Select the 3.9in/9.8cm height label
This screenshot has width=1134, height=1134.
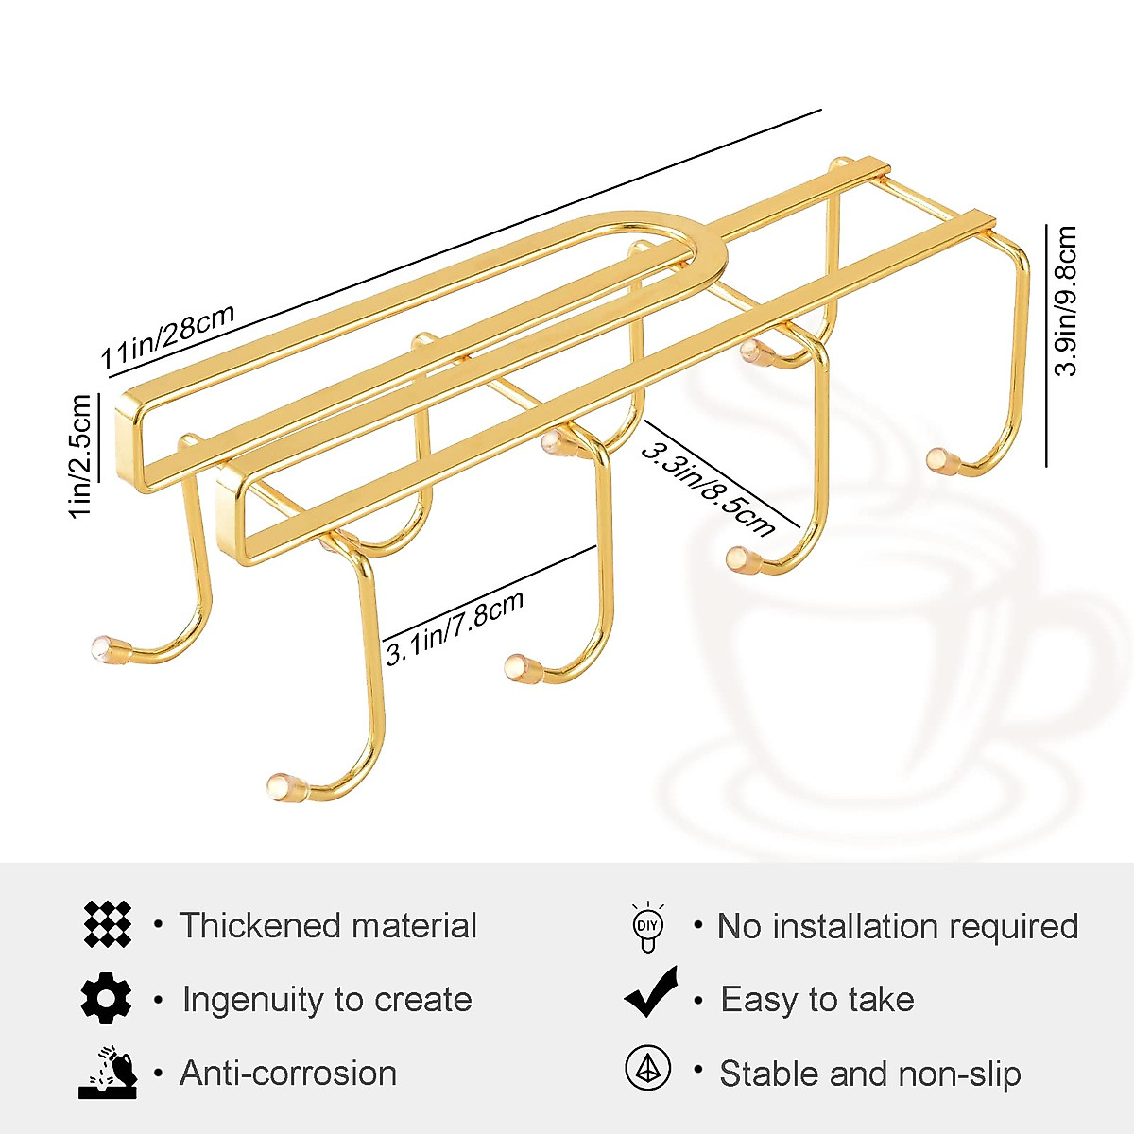tap(1066, 301)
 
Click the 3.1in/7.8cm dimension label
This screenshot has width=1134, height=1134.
tap(455, 627)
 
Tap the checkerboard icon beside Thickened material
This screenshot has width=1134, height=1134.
tap(107, 924)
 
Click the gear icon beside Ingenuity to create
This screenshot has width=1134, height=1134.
tap(106, 998)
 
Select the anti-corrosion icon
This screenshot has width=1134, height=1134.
tap(108, 1072)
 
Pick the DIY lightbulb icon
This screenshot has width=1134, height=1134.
tap(647, 926)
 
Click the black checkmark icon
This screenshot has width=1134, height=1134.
tap(651, 993)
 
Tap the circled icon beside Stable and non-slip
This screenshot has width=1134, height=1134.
tap(648, 1069)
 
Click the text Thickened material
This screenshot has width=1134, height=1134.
tap(328, 925)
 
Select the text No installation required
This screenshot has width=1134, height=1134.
tap(897, 926)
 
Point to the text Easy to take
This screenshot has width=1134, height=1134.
tap(816, 999)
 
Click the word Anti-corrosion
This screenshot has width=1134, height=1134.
tap(288, 1074)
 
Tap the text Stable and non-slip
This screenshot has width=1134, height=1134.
tap(869, 1074)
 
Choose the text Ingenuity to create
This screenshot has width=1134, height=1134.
tap(327, 999)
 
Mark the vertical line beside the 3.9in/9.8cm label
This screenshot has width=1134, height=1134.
tap(1047, 345)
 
